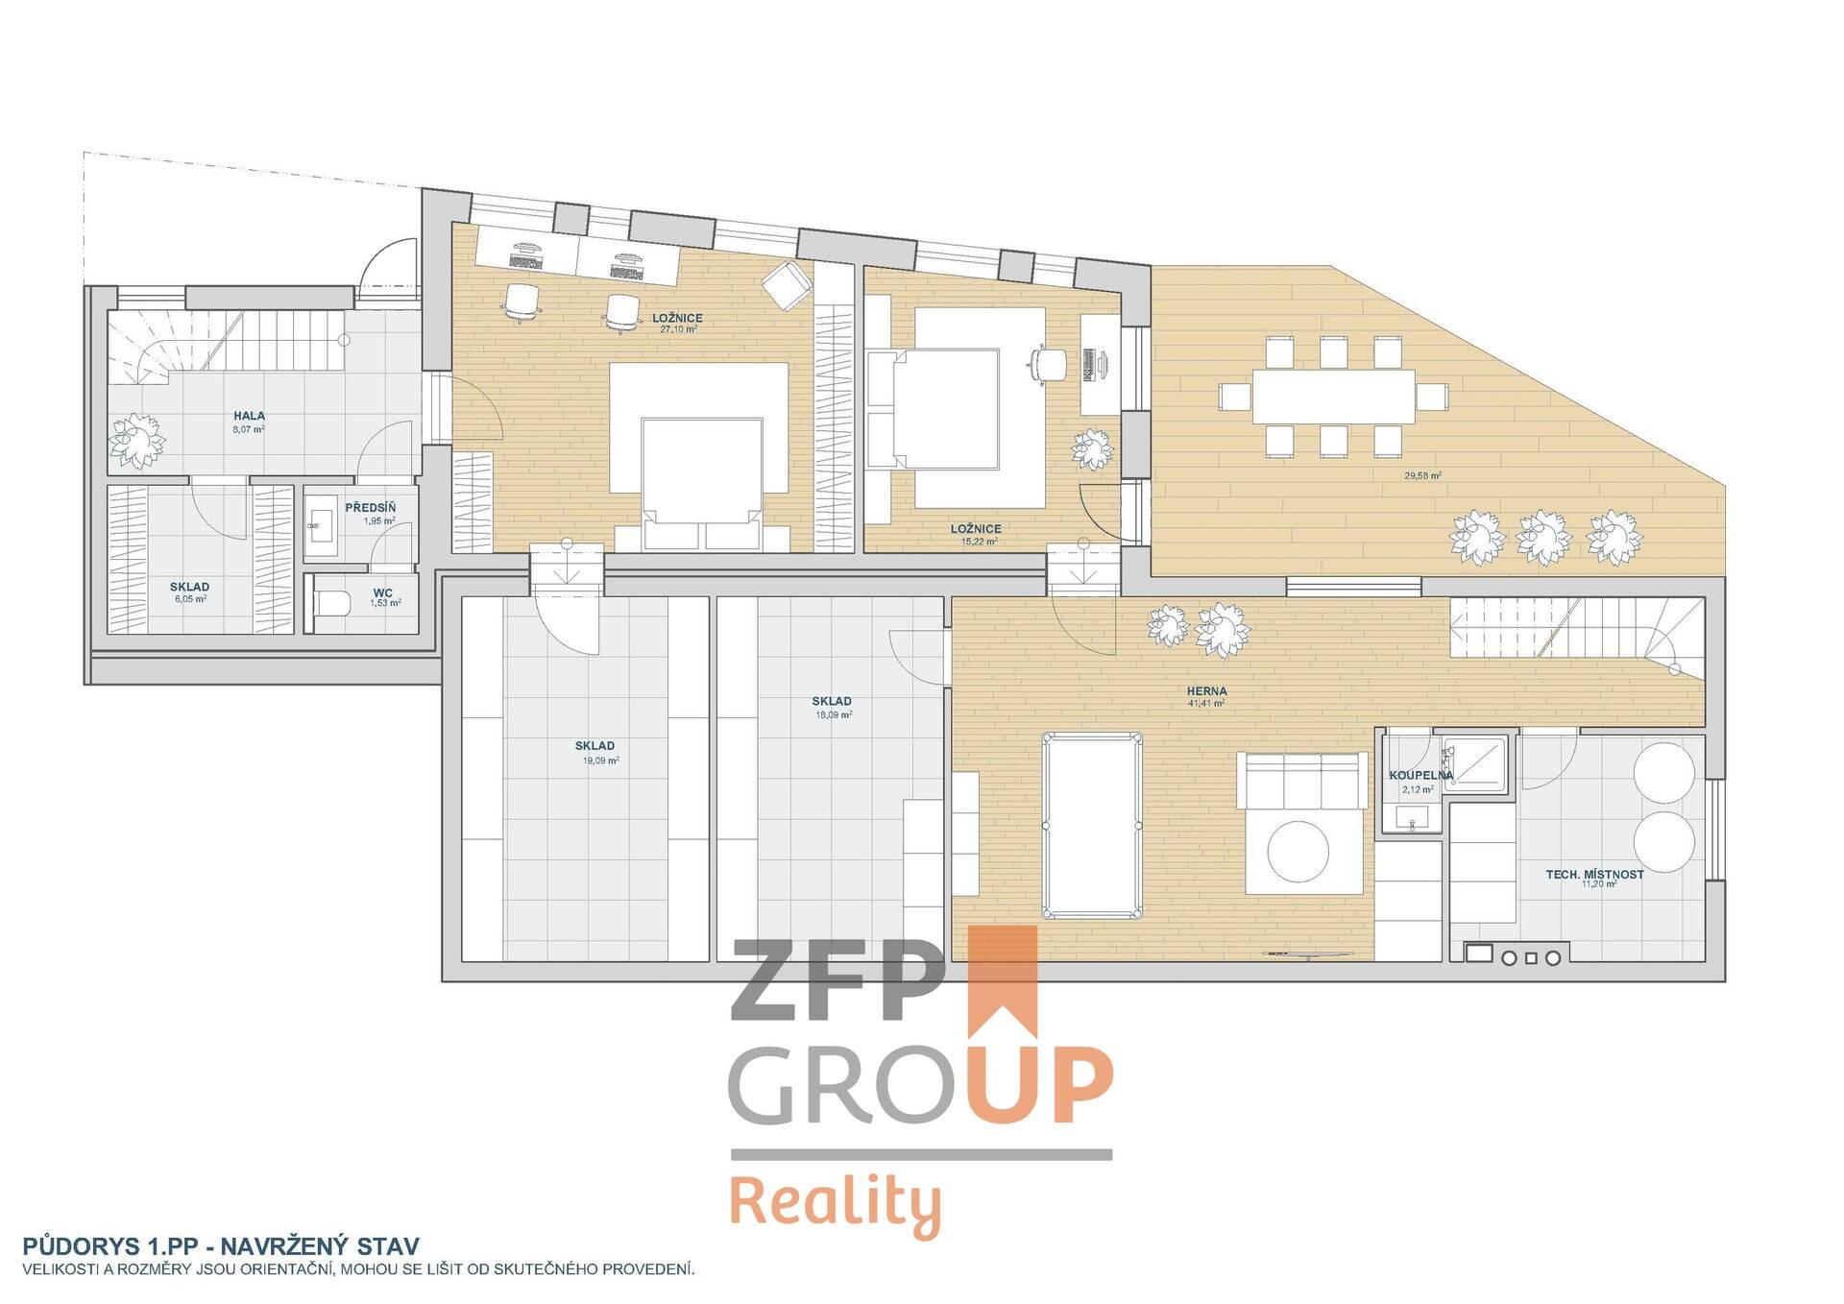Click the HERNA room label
tap(1206, 690)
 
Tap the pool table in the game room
tap(1093, 825)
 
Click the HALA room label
tap(249, 416)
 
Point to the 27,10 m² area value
tap(678, 329)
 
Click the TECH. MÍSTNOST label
tap(1594, 875)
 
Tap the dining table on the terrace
tap(1333, 396)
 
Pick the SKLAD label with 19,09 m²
tap(594, 746)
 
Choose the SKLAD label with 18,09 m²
tap(832, 701)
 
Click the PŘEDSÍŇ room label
tap(370, 508)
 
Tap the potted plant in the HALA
tap(136, 442)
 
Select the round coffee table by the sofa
tap(1298, 850)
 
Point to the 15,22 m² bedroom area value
tap(979, 542)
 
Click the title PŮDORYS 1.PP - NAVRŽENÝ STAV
tap(221, 1246)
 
